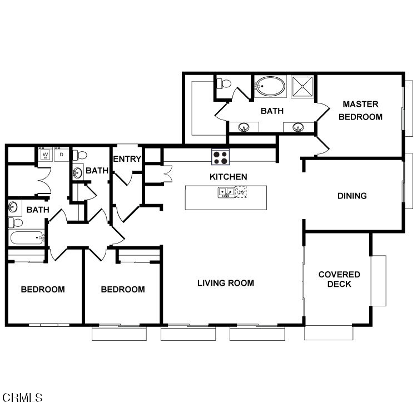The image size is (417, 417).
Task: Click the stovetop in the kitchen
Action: tap(221, 157)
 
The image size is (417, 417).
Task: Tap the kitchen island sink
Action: tap(226, 192)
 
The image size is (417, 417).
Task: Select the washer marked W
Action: tap(46, 155)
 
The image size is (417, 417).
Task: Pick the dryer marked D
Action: tap(61, 155)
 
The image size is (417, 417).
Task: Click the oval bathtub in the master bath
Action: tap(270, 86)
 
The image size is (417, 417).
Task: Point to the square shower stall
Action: tap(302, 86)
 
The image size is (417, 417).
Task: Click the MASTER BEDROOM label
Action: tap(360, 111)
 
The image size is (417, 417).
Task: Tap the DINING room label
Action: tap(352, 196)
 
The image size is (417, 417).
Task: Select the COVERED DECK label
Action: tap(339, 279)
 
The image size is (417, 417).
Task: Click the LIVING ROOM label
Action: tap(226, 283)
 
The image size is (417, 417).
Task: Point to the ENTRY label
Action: tap(127, 159)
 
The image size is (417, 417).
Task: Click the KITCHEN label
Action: tap(228, 177)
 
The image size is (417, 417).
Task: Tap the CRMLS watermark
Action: tap(22, 398)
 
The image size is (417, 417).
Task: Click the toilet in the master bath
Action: tap(224, 84)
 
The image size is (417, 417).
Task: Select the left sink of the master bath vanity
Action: tap(244, 127)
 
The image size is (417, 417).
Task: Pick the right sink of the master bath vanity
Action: tap(298, 127)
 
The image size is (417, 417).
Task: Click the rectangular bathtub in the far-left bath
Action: tap(27, 237)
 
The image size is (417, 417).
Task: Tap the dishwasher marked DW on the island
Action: tap(241, 192)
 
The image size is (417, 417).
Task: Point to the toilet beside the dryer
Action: tap(80, 155)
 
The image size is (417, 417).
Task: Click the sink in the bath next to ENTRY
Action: tap(78, 173)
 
